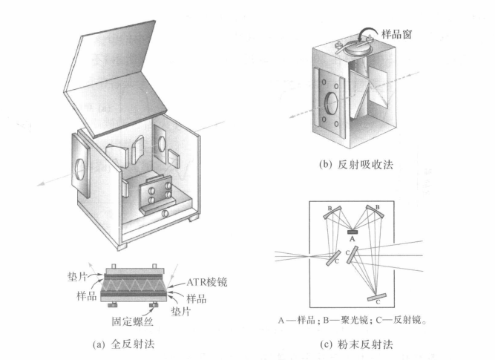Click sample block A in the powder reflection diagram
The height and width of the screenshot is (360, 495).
click(353, 232)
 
